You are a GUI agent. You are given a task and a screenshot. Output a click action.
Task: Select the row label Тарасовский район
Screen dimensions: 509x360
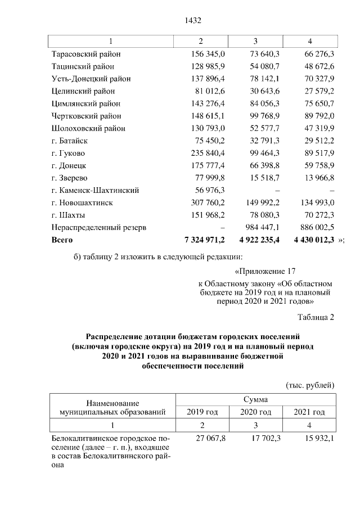85,54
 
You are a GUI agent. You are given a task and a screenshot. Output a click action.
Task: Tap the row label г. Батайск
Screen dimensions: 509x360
69,141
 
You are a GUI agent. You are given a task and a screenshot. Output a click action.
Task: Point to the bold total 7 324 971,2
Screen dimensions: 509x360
201,240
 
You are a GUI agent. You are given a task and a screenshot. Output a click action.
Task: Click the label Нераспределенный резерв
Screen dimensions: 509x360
98,227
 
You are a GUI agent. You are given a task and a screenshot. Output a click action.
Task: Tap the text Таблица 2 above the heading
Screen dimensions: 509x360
316,318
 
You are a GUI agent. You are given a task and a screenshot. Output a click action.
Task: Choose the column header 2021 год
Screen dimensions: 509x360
309,412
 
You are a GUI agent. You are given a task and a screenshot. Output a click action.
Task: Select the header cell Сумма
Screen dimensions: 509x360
255,399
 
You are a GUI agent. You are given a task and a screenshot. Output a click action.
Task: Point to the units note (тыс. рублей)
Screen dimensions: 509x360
310,385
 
